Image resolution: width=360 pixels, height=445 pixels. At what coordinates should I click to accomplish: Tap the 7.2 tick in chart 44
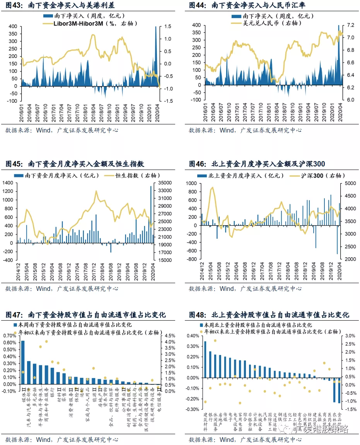351,25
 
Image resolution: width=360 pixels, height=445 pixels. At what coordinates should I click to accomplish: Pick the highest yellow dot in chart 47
46,341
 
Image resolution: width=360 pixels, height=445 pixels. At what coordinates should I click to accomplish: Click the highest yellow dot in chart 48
215,341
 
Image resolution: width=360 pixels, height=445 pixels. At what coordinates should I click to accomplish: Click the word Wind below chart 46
227,289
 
